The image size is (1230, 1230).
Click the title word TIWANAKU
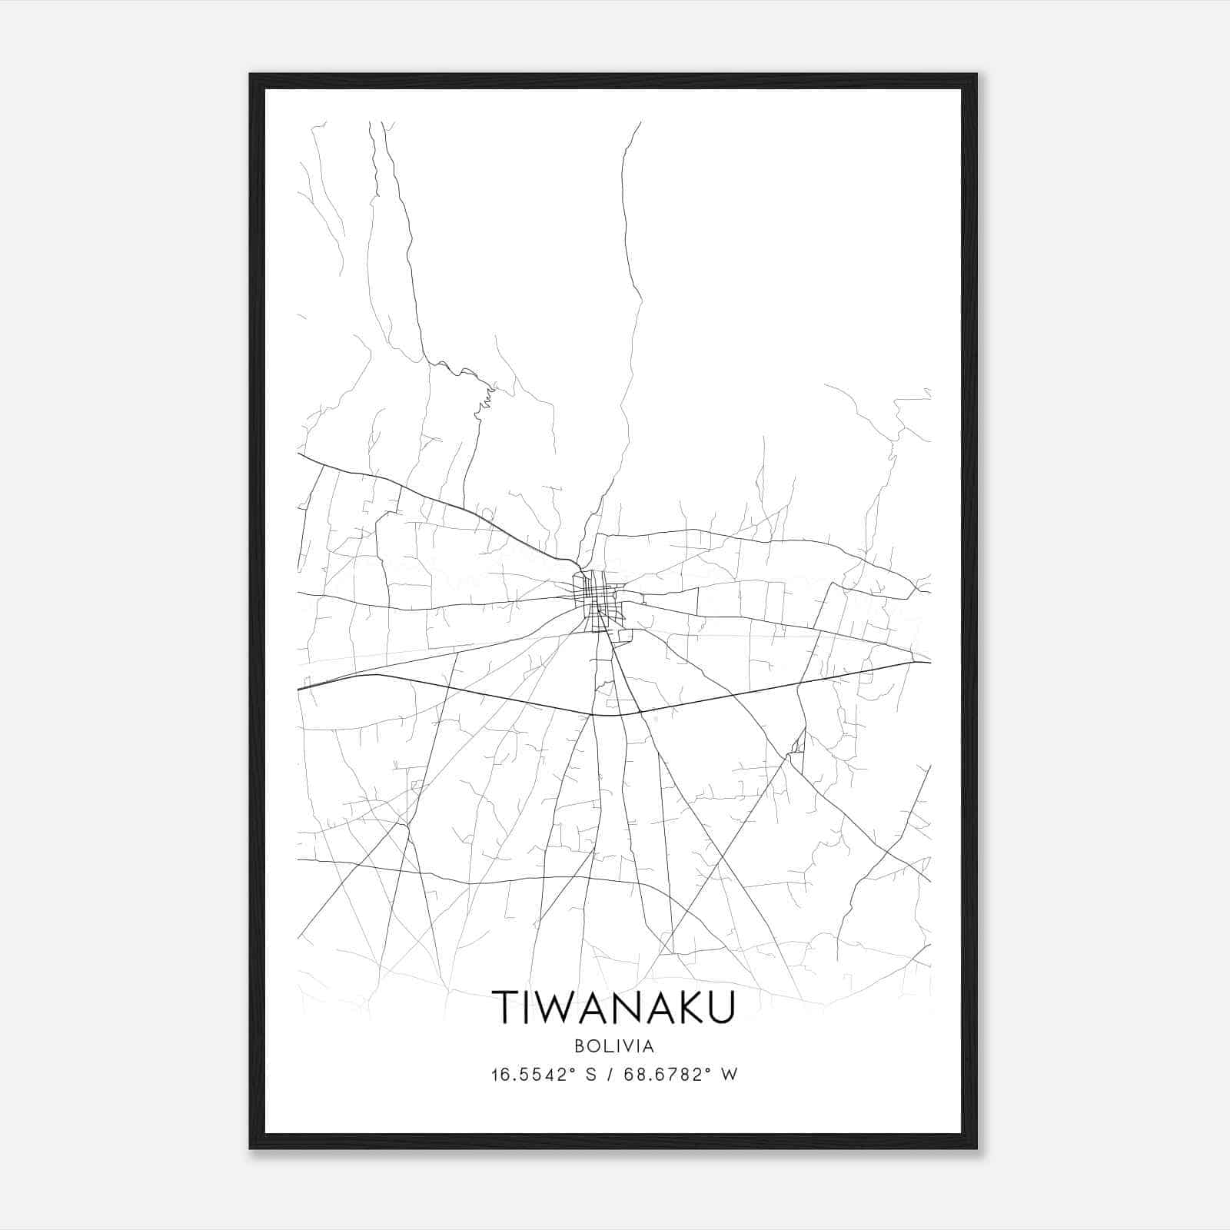613,1007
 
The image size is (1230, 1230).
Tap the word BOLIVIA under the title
613,1046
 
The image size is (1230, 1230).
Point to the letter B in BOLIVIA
578,1046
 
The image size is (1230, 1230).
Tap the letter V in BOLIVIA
626,1046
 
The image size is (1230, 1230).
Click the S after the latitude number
591,1075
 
